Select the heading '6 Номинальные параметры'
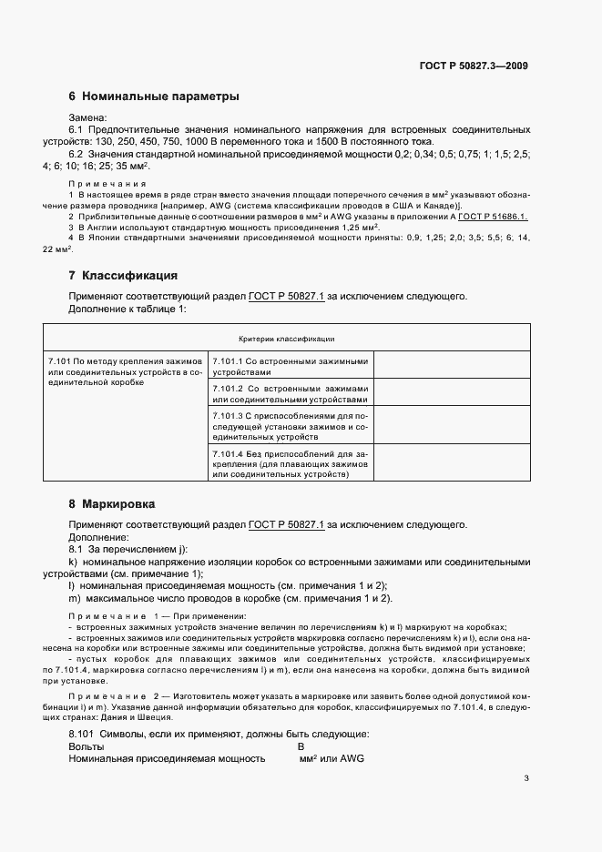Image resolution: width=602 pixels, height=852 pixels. pos(154,96)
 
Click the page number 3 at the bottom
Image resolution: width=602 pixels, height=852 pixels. pos(526,778)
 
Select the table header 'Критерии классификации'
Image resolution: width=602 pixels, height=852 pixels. pos(286,339)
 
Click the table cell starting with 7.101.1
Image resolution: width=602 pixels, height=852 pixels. pos(291,366)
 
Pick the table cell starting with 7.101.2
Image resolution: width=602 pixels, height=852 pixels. pos(291,393)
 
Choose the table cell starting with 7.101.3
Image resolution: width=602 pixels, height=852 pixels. pos(291,426)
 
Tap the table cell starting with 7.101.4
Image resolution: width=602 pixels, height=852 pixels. pos(291,463)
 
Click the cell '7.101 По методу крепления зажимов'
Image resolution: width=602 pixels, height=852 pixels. pos(127,372)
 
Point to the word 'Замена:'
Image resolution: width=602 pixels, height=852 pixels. pos(88,117)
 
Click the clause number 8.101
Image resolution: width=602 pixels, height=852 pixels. pos(84,733)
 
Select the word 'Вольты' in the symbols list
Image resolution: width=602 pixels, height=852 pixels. pos(87,745)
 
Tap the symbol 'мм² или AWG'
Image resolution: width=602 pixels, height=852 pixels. pos(331,757)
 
